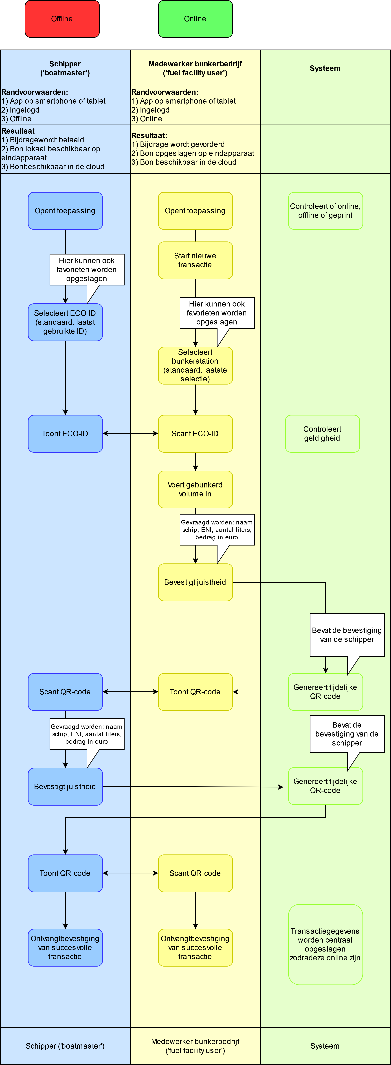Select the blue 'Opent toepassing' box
tap(65, 211)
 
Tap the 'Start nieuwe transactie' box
tap(195, 261)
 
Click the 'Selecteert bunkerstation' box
tap(195, 365)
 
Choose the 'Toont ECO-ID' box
tap(65, 434)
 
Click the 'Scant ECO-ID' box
tap(195, 434)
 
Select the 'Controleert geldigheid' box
tap(322, 434)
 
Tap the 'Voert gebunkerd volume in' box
tap(195, 489)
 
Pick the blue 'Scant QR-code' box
tap(65, 692)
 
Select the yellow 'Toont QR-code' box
tap(195, 692)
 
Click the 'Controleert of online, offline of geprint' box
tap(326, 211)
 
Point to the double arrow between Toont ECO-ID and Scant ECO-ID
tap(130, 434)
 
